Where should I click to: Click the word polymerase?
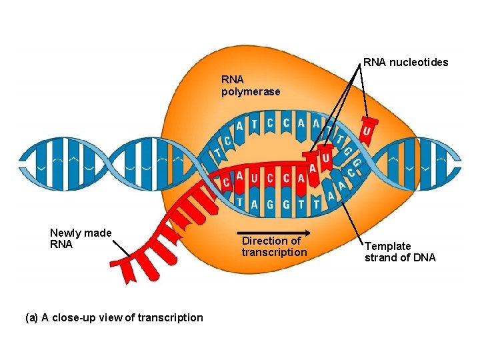tap(251, 91)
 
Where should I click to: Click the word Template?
tap(387, 246)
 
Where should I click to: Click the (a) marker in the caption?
tap(31, 317)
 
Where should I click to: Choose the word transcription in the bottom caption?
tap(169, 317)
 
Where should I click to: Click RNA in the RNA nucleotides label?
tap(375, 63)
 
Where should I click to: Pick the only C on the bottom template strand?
tap(351, 175)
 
